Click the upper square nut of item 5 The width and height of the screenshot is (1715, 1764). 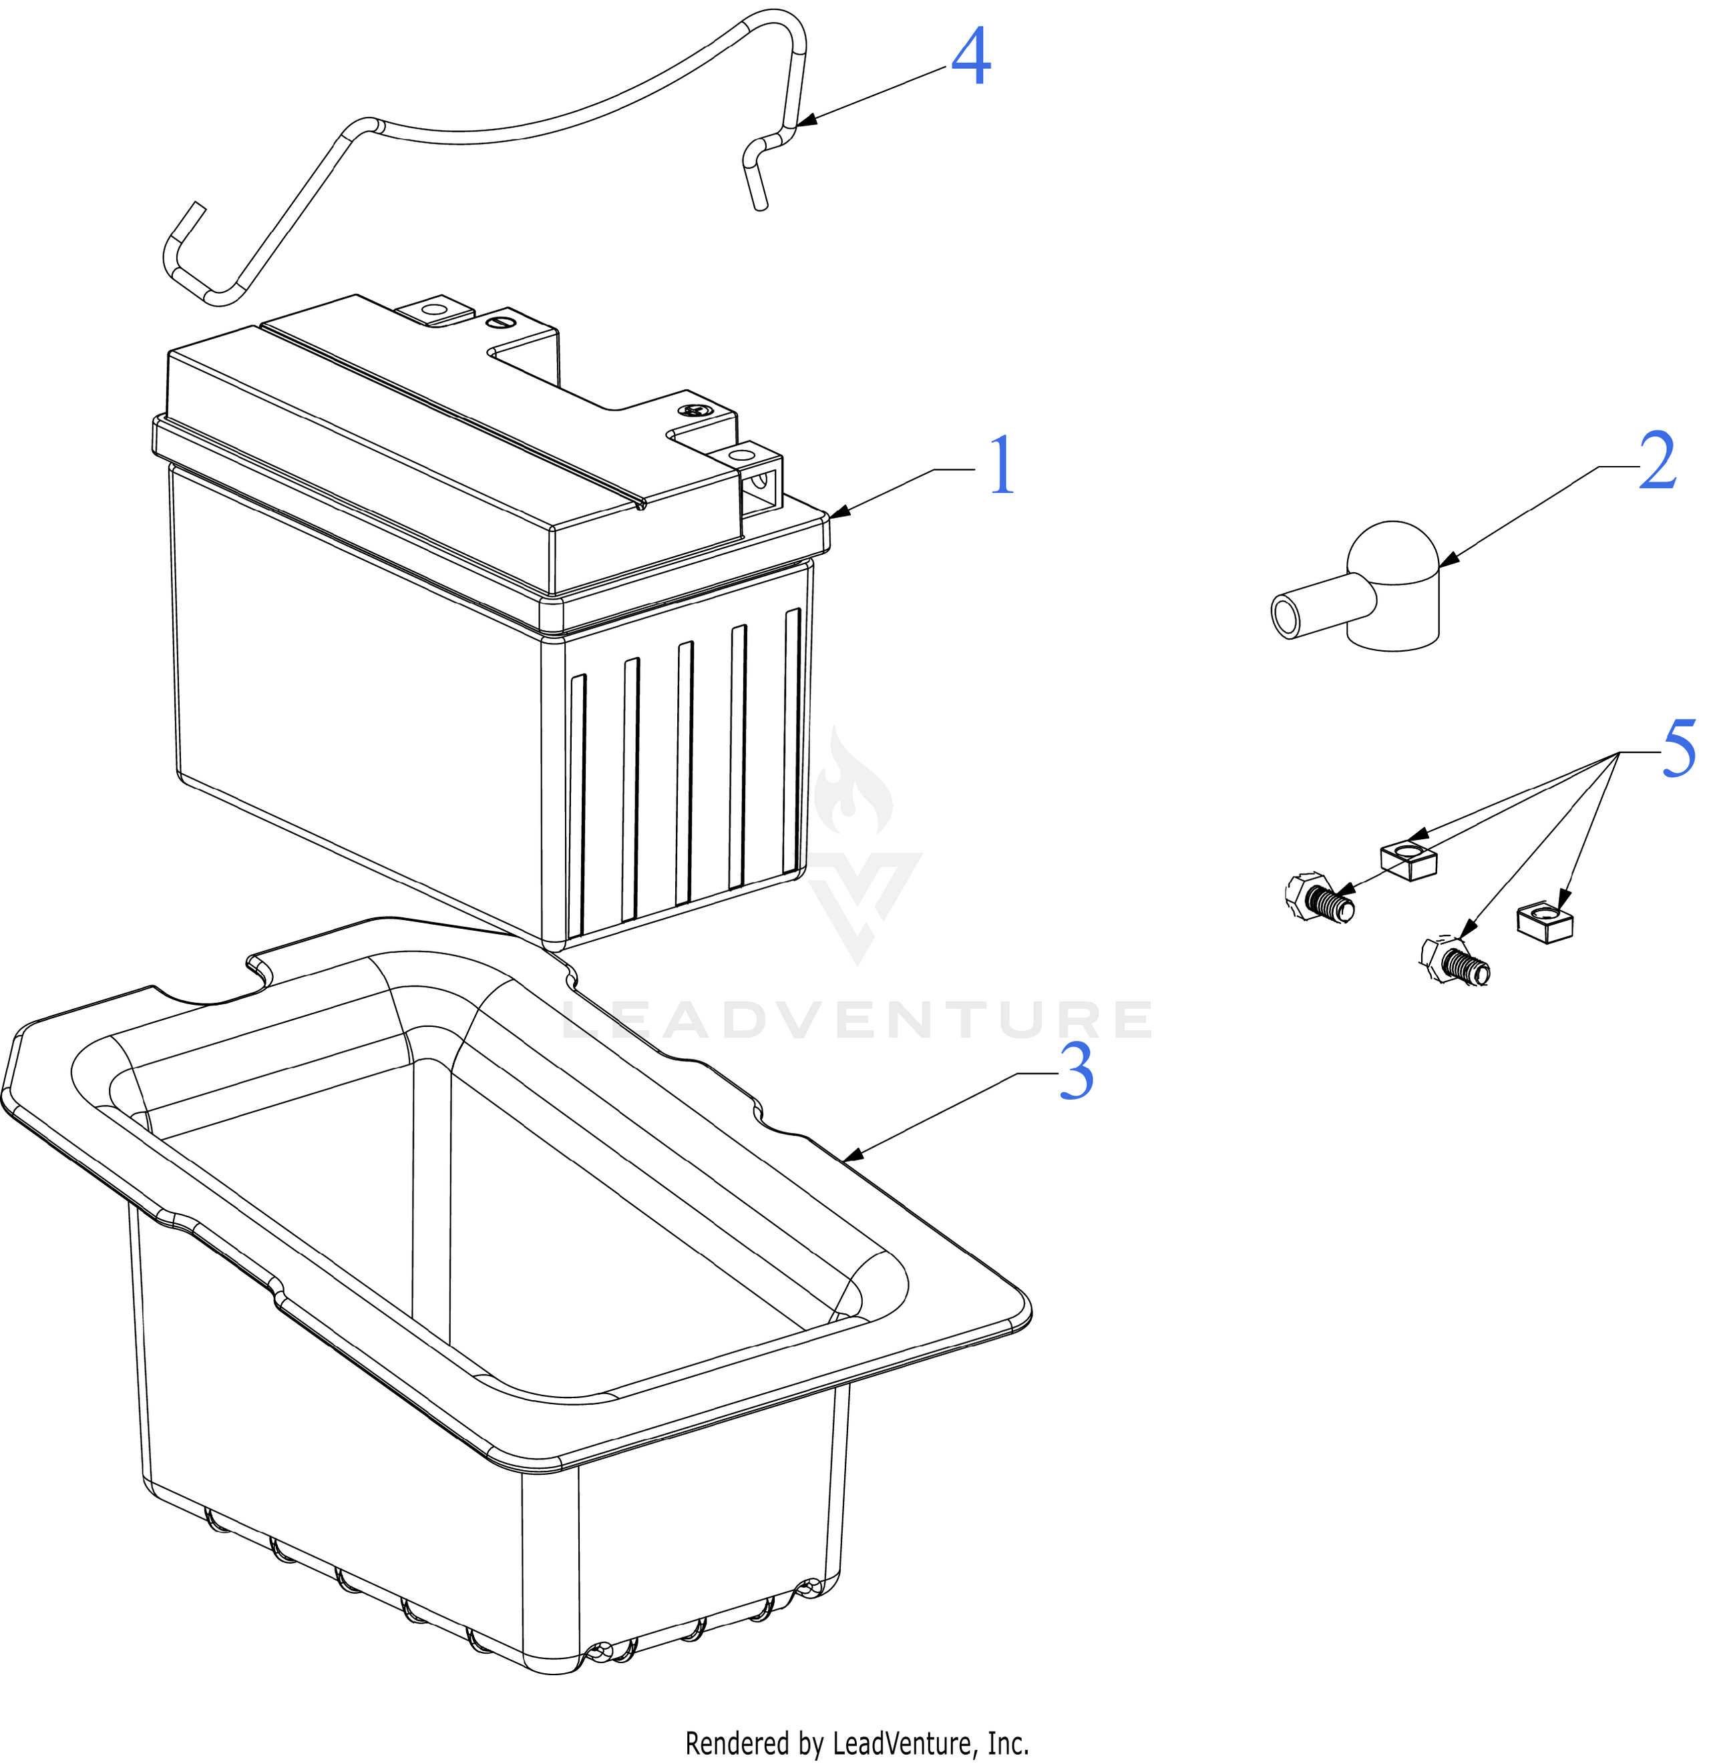(1408, 860)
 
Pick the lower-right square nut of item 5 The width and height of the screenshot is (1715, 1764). (1545, 923)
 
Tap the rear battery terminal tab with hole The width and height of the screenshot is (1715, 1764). (434, 312)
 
